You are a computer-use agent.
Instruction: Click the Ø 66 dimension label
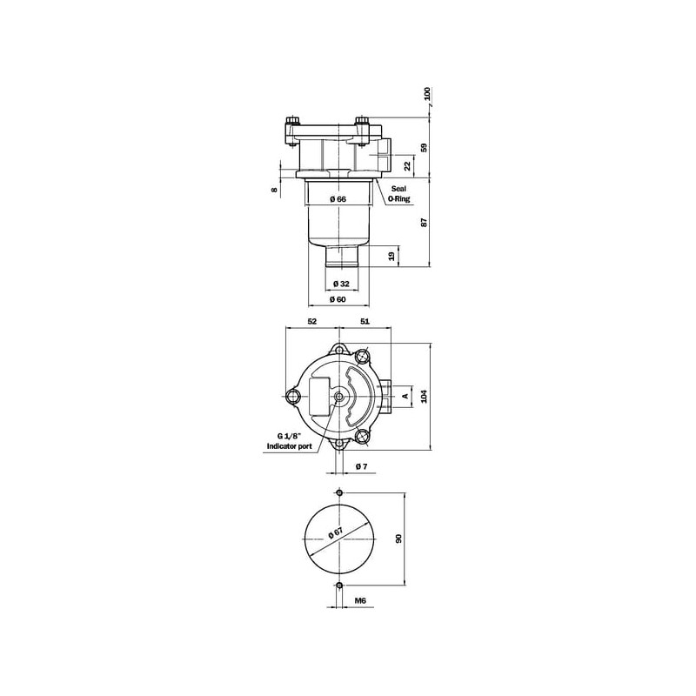(x=338, y=199)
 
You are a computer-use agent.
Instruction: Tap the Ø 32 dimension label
(x=341, y=284)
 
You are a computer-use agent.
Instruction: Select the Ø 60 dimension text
(x=338, y=299)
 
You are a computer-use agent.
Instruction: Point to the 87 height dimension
(x=424, y=223)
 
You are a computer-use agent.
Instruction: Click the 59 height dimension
(x=424, y=148)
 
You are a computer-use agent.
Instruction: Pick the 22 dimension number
(x=408, y=166)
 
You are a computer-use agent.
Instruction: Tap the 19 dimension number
(x=392, y=257)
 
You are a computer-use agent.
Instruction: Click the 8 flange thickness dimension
(x=275, y=190)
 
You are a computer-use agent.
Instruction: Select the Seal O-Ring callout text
(x=398, y=194)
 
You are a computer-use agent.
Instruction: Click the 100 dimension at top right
(x=427, y=94)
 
